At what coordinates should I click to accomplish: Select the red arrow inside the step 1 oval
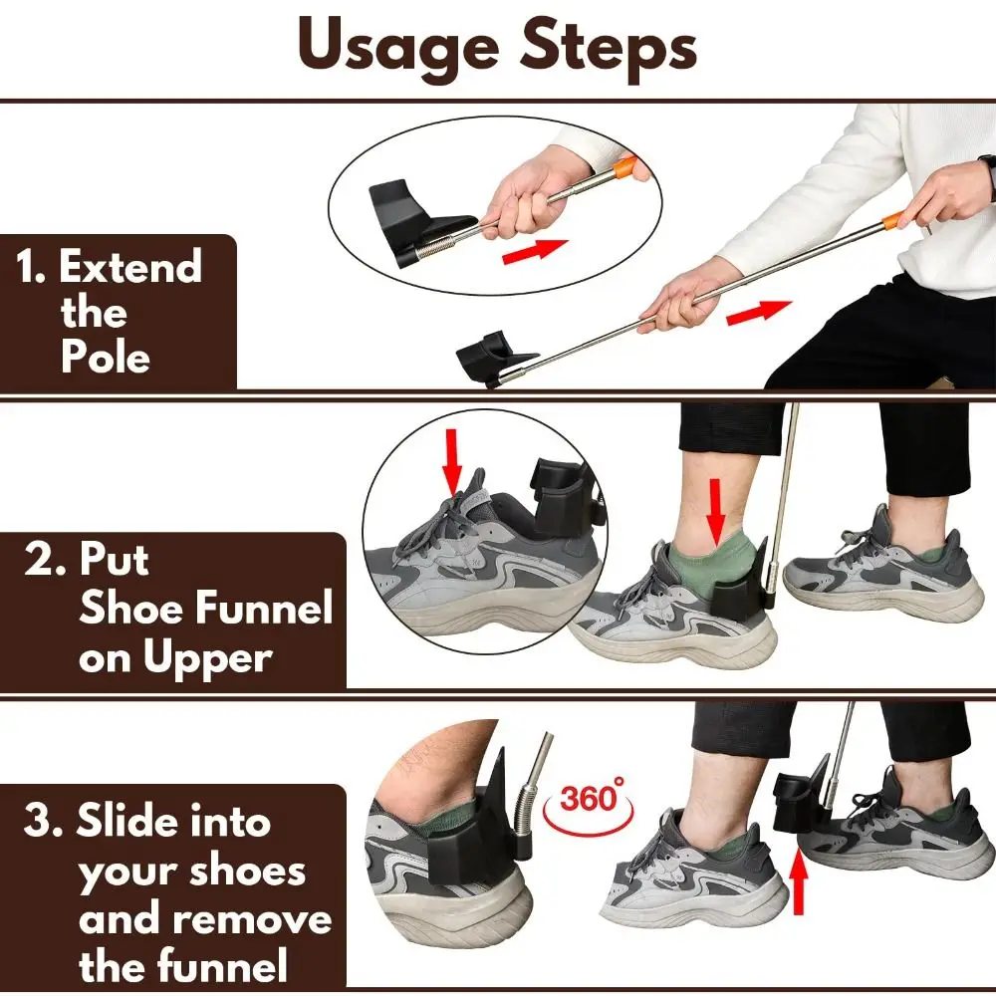coord(535,252)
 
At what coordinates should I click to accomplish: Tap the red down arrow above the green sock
coord(715,510)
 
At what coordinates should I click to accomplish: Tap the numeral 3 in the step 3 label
coord(41,823)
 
